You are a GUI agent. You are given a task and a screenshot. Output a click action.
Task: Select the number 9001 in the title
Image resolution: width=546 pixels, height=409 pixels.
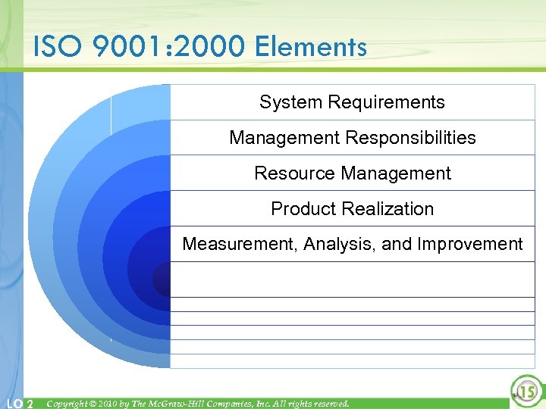pos(122,47)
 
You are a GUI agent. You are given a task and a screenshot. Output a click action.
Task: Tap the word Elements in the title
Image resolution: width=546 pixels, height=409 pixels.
pos(311,47)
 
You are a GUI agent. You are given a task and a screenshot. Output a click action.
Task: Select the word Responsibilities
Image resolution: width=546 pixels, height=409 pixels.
pos(410,138)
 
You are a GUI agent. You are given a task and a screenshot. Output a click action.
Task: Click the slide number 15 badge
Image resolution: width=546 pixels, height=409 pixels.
pos(526,392)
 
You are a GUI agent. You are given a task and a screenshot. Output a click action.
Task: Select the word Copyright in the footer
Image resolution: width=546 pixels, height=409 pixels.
pos(68,404)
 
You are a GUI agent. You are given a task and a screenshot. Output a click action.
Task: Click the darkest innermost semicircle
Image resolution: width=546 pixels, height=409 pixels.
pos(162,279)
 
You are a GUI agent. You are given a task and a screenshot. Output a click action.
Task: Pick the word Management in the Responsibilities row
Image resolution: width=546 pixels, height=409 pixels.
pos(285,138)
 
